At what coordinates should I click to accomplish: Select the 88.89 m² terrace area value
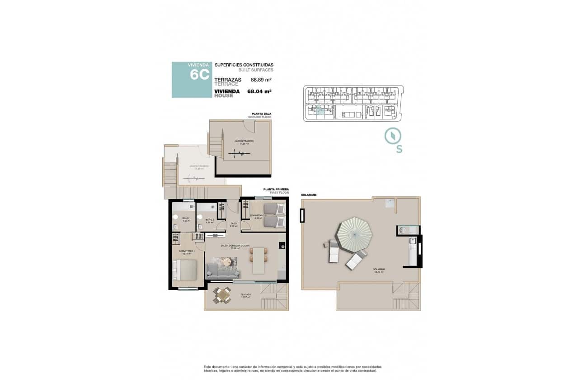(x=261, y=80)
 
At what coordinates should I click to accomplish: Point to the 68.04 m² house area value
(x=259, y=91)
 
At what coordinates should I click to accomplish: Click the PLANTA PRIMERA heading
(x=276, y=190)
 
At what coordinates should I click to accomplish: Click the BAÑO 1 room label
(x=186, y=218)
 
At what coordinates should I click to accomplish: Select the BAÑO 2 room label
(x=209, y=219)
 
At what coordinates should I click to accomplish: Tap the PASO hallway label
(x=234, y=223)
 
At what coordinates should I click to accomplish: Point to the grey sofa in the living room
(x=223, y=271)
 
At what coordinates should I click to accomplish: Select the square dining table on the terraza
(x=221, y=295)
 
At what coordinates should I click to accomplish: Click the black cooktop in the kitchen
(x=282, y=246)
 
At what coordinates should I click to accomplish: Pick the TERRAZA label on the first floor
(x=245, y=294)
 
